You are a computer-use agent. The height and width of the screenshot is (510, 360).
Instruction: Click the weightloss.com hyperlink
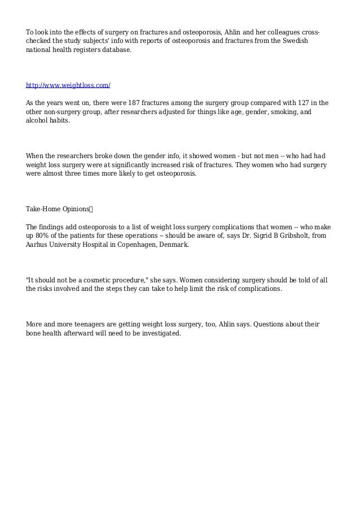tap(68, 85)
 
